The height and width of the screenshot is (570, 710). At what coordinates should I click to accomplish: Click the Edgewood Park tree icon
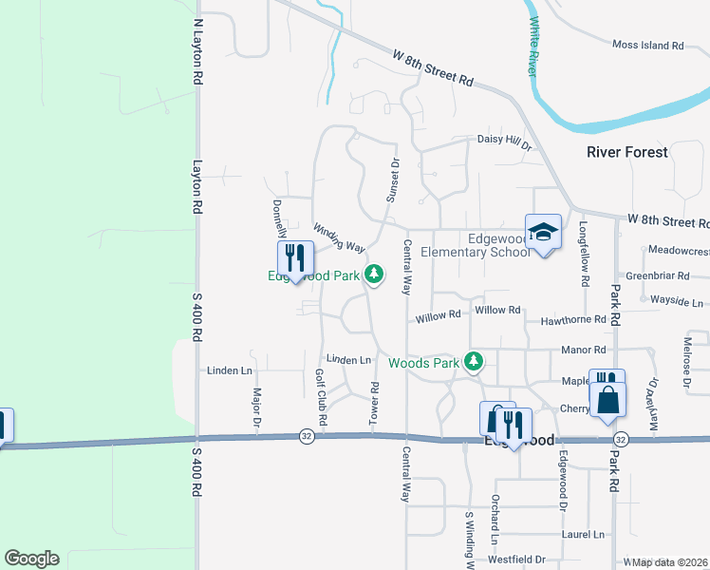[375, 275]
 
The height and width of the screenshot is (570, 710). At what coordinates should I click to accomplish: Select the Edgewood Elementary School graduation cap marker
[543, 233]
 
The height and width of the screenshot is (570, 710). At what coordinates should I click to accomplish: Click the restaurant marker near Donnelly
[294, 258]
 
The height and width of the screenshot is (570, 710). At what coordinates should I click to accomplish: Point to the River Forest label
[626, 152]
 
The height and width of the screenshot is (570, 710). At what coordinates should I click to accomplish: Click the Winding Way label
[339, 237]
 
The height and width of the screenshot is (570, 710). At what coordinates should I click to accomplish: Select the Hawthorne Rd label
[573, 321]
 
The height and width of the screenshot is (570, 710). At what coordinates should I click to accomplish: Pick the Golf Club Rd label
[322, 397]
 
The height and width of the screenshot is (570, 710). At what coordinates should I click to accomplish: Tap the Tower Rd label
[375, 402]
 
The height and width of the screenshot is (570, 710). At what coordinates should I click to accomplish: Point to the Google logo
[31, 559]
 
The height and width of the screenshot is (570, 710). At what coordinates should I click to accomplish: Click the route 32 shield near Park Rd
[621, 440]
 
